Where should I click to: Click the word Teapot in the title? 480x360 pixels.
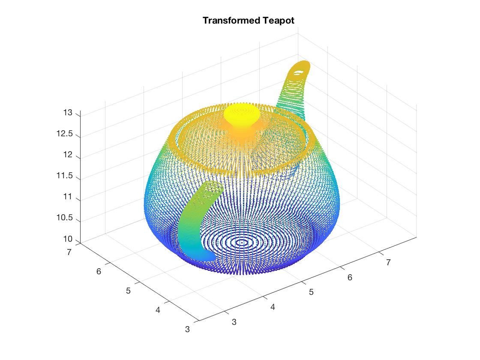(x=277, y=21)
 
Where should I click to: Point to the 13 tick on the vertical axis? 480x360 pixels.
(x=68, y=113)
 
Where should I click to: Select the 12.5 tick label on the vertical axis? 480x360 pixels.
(x=64, y=134)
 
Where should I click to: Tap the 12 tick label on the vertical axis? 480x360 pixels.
(x=68, y=155)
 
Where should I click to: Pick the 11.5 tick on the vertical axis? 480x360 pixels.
(x=64, y=177)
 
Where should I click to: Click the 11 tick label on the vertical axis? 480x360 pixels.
(x=68, y=198)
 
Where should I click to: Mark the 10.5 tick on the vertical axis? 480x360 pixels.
(x=64, y=219)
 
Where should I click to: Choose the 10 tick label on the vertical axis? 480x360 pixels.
(x=68, y=240)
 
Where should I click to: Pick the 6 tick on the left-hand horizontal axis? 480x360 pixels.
(x=99, y=271)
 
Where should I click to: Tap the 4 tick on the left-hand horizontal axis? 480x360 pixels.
(x=158, y=310)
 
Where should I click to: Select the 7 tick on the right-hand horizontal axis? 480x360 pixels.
(x=388, y=262)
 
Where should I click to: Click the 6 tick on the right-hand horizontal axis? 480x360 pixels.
(x=350, y=278)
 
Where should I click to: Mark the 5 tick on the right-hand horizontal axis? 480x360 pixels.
(x=311, y=292)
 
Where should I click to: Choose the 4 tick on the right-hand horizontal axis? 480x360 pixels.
(x=273, y=307)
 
